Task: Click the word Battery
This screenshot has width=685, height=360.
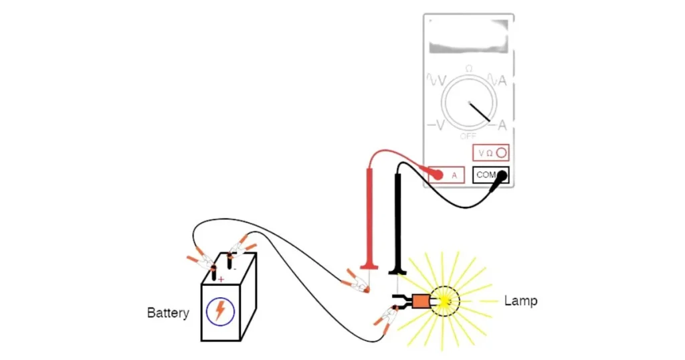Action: coord(168,312)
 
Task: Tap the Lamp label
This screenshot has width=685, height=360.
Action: coord(520,301)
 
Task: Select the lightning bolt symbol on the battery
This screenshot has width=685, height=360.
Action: coord(219,310)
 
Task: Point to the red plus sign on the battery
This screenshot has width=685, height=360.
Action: coord(221,279)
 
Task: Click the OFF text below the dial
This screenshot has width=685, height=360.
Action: coord(468,136)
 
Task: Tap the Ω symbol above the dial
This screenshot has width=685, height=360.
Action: coord(468,69)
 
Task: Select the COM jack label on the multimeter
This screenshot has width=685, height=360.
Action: coord(486,175)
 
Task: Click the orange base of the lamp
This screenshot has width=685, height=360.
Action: coord(421,302)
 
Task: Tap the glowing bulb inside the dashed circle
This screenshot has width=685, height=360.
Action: coord(444,302)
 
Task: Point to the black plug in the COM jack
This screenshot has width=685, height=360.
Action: coord(502,175)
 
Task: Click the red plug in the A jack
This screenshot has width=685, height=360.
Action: coord(437,175)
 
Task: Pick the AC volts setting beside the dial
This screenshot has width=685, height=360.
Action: coord(436,81)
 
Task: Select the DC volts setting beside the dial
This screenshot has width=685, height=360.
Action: coord(436,125)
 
